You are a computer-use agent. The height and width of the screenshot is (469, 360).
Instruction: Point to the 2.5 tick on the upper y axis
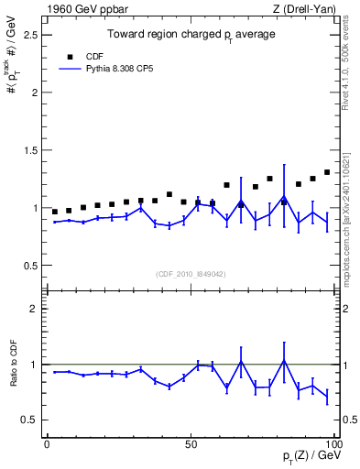point(30,35)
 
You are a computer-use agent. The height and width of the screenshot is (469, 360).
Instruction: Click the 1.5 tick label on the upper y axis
point(30,150)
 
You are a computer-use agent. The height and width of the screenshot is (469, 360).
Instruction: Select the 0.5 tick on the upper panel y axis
point(30,266)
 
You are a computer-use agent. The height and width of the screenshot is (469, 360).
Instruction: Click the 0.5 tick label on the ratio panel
point(30,420)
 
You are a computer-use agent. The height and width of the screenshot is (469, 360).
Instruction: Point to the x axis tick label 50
point(191,443)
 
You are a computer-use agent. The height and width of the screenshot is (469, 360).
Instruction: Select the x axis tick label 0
point(47,443)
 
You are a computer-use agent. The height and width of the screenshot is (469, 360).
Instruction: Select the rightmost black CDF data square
point(327,171)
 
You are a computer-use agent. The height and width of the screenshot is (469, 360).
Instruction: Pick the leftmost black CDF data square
point(55,212)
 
